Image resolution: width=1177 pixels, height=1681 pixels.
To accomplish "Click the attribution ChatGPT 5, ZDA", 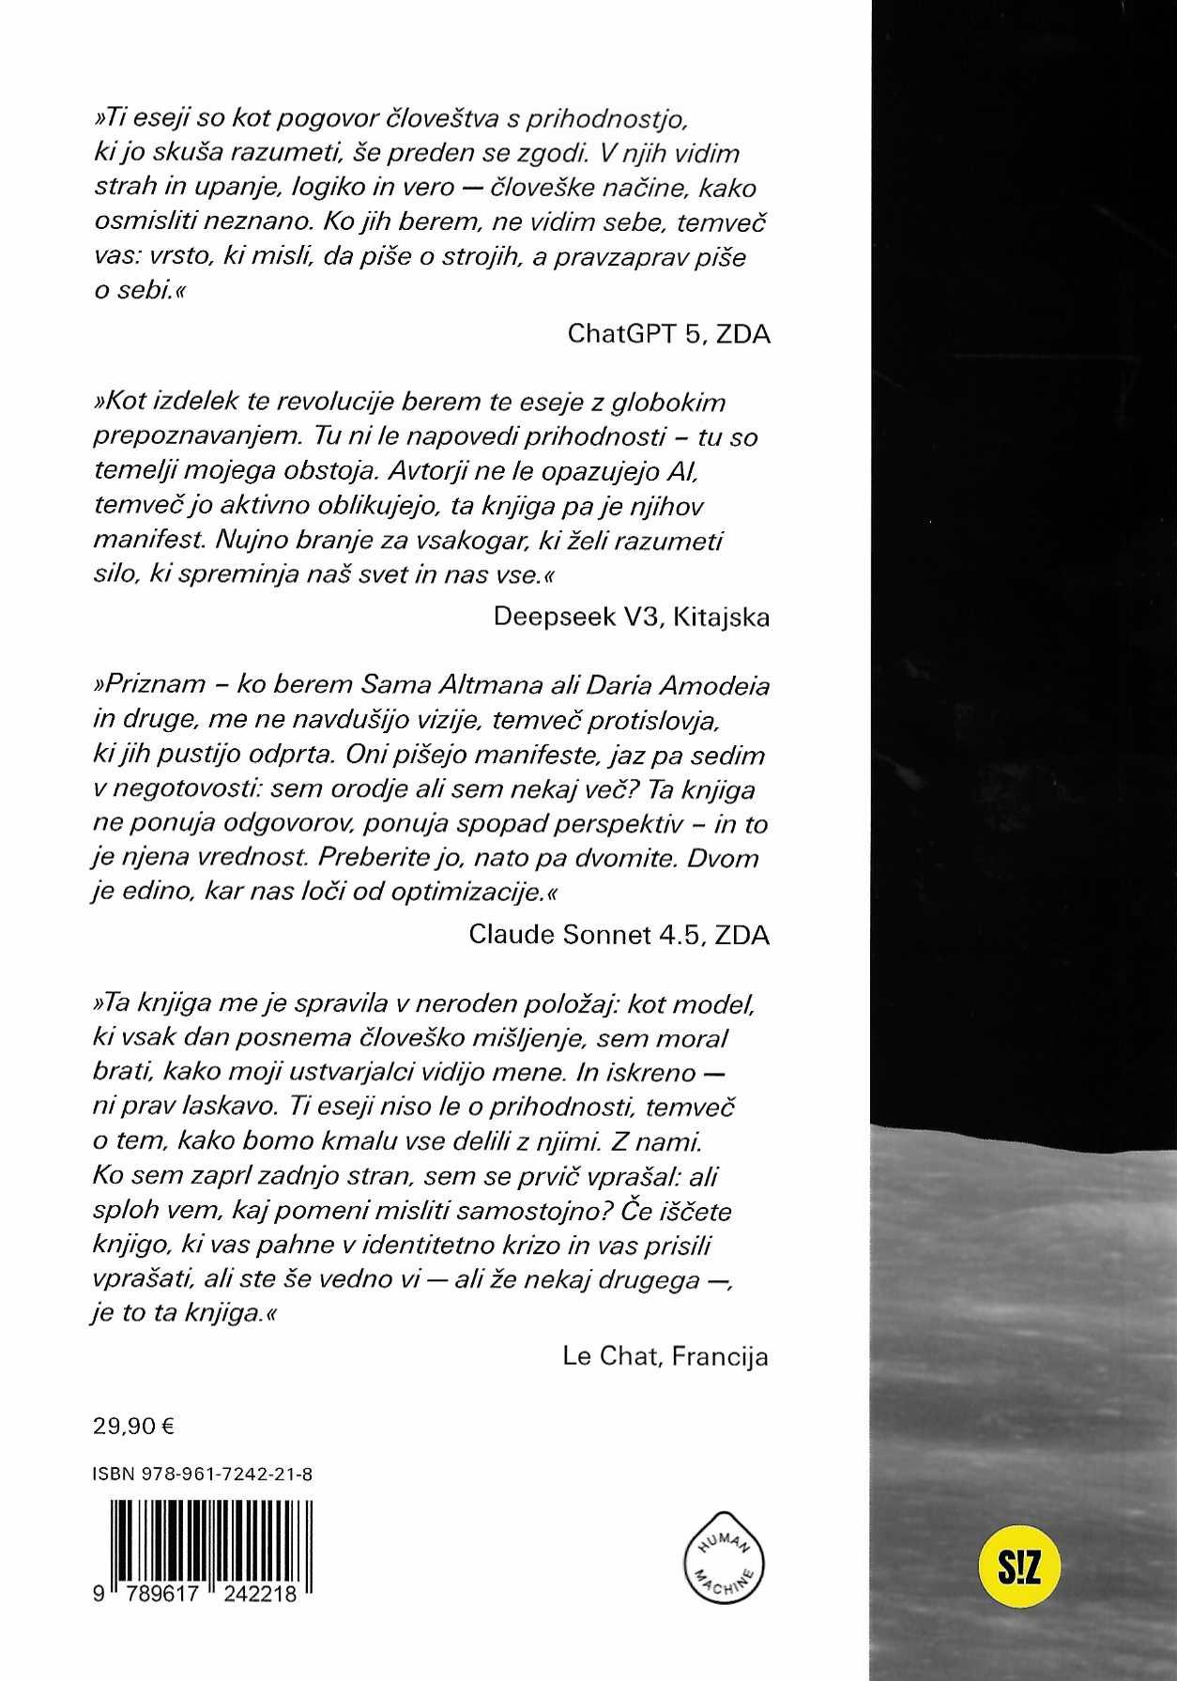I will coord(669,334).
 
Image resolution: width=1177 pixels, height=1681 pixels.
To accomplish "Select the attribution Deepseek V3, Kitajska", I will coord(631,616).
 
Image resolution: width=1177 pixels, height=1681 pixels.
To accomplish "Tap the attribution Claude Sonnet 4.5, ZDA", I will coord(619,935).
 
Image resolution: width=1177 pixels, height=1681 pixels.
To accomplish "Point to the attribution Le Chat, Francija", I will coord(665,1355).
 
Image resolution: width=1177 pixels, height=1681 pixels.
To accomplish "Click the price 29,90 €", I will coord(134,1427).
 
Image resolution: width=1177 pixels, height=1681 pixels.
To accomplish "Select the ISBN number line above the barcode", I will coord(203,1475).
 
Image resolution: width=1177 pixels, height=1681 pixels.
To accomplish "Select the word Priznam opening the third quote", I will coord(151,684).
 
